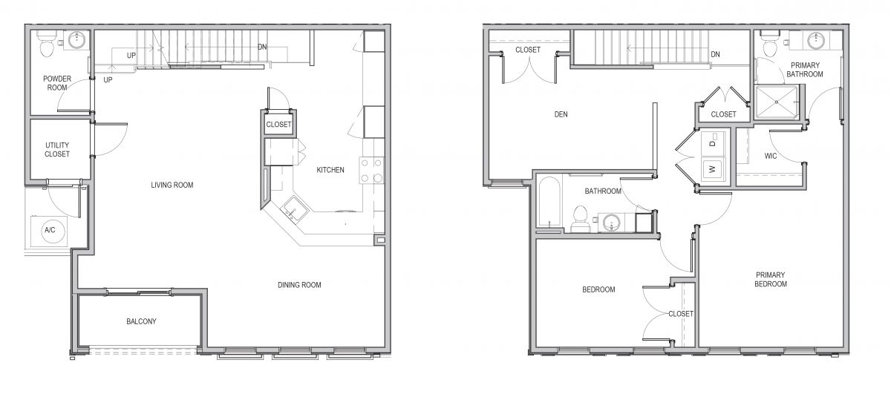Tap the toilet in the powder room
[x=46, y=43]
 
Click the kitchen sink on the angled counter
[x=295, y=209]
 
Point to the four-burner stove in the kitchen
[x=371, y=170]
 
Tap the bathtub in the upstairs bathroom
[x=549, y=204]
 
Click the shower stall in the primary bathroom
[x=777, y=102]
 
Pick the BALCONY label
[x=141, y=321]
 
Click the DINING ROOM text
[x=299, y=285]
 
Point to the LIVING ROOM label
[x=172, y=185]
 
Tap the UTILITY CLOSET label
[x=57, y=149]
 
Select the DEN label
[x=561, y=114]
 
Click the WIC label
[x=771, y=156]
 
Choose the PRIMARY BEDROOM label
[x=771, y=279]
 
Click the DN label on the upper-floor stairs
[x=715, y=54]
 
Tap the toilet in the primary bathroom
[x=770, y=45]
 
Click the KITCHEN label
[x=330, y=170]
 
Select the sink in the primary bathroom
[x=816, y=40]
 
